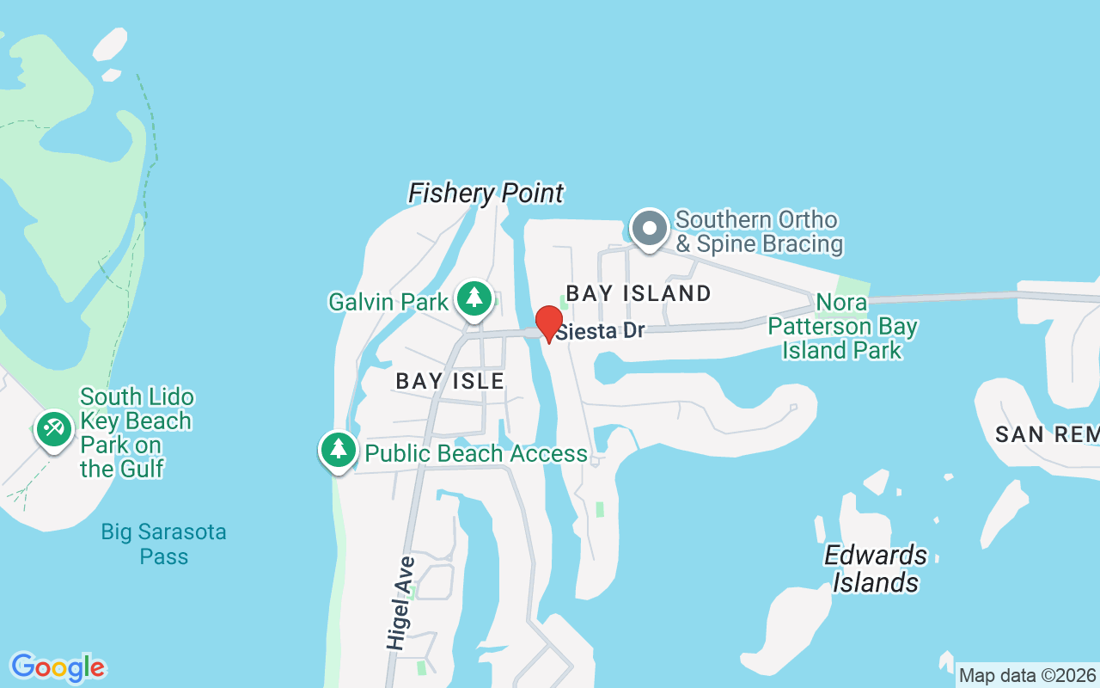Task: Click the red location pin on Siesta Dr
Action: [549, 323]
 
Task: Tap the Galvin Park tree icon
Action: [474, 298]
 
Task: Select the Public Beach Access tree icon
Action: [339, 449]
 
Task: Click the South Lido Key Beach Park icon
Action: [54, 427]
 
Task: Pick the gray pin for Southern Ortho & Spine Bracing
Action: [650, 229]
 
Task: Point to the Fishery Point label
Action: [486, 193]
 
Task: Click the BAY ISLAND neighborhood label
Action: [639, 293]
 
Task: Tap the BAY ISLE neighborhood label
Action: [449, 381]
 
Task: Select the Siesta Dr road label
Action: [600, 331]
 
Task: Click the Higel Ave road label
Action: [400, 603]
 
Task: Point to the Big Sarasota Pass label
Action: [163, 544]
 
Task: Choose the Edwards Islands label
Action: [875, 568]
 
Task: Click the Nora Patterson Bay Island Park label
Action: [842, 327]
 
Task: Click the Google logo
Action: [58, 667]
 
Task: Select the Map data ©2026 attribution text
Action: [1027, 675]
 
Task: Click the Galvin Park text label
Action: [388, 302]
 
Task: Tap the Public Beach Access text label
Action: [476, 453]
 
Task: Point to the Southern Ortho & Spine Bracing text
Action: [758, 232]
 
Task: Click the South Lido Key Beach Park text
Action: [136, 433]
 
